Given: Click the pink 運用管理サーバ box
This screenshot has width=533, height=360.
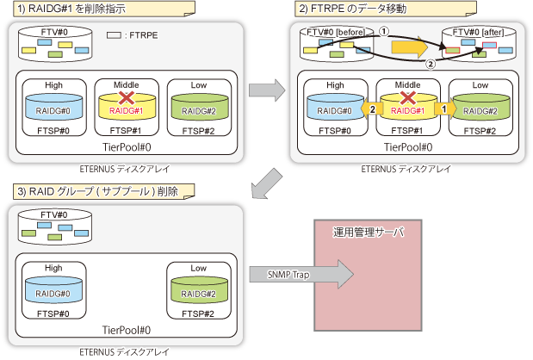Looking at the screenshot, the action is coord(368,276).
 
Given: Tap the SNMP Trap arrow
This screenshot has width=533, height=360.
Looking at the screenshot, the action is coord(301,275).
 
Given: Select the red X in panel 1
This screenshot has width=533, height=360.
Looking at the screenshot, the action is coord(126,98).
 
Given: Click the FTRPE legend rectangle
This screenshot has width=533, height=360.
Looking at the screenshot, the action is coord(114,35).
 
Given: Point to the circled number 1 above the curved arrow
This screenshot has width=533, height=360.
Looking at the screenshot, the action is coord(384,32).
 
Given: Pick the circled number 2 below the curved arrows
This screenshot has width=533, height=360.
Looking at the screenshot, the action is coord(431,64).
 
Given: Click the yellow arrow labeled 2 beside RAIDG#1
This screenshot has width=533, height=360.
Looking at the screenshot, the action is coord(371,109).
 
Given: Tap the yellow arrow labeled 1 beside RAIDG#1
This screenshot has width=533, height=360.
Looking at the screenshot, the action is coord(445,109).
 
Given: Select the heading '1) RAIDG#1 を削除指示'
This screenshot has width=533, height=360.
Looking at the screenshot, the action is coord(71,9).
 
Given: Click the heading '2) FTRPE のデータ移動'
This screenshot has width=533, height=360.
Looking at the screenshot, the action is coord(352,9).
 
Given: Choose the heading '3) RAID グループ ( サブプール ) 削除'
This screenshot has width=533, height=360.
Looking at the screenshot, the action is coord(98,191).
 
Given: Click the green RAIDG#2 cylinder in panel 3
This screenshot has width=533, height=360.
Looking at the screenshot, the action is coord(199,290).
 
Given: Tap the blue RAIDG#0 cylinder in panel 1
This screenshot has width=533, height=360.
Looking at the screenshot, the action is coord(54,107).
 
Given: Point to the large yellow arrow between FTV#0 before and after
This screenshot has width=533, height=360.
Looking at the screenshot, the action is coord(409,47).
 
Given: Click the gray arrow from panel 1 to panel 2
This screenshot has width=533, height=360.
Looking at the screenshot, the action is coord(267,90).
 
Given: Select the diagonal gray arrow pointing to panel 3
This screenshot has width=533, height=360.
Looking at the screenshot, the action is coord(267,184).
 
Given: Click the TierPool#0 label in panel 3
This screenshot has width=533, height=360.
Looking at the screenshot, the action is coord(127,330).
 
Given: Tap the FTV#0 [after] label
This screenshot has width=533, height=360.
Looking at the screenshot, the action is coord(478,32).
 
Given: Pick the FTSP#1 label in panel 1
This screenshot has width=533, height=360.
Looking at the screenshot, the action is coord(126,131).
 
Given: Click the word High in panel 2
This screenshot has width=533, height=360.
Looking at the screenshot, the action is coord(335,85).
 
